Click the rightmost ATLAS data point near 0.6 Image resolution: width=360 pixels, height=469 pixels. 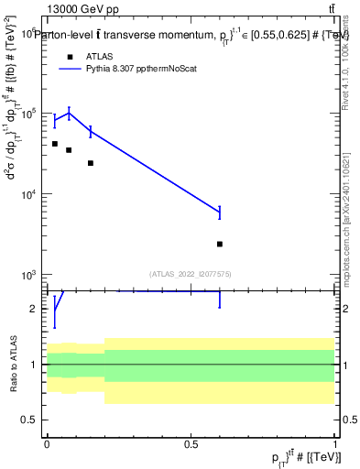tap(220, 244)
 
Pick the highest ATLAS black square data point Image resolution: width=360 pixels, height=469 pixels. tap(55, 144)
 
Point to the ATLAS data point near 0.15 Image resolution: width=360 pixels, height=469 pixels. tap(90, 163)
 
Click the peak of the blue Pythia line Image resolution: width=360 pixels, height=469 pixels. tap(69, 114)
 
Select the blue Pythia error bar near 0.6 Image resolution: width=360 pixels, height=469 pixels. tap(220, 213)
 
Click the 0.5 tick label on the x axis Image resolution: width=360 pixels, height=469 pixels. tap(191, 443)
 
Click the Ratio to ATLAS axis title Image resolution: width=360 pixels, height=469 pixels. tap(13, 364)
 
